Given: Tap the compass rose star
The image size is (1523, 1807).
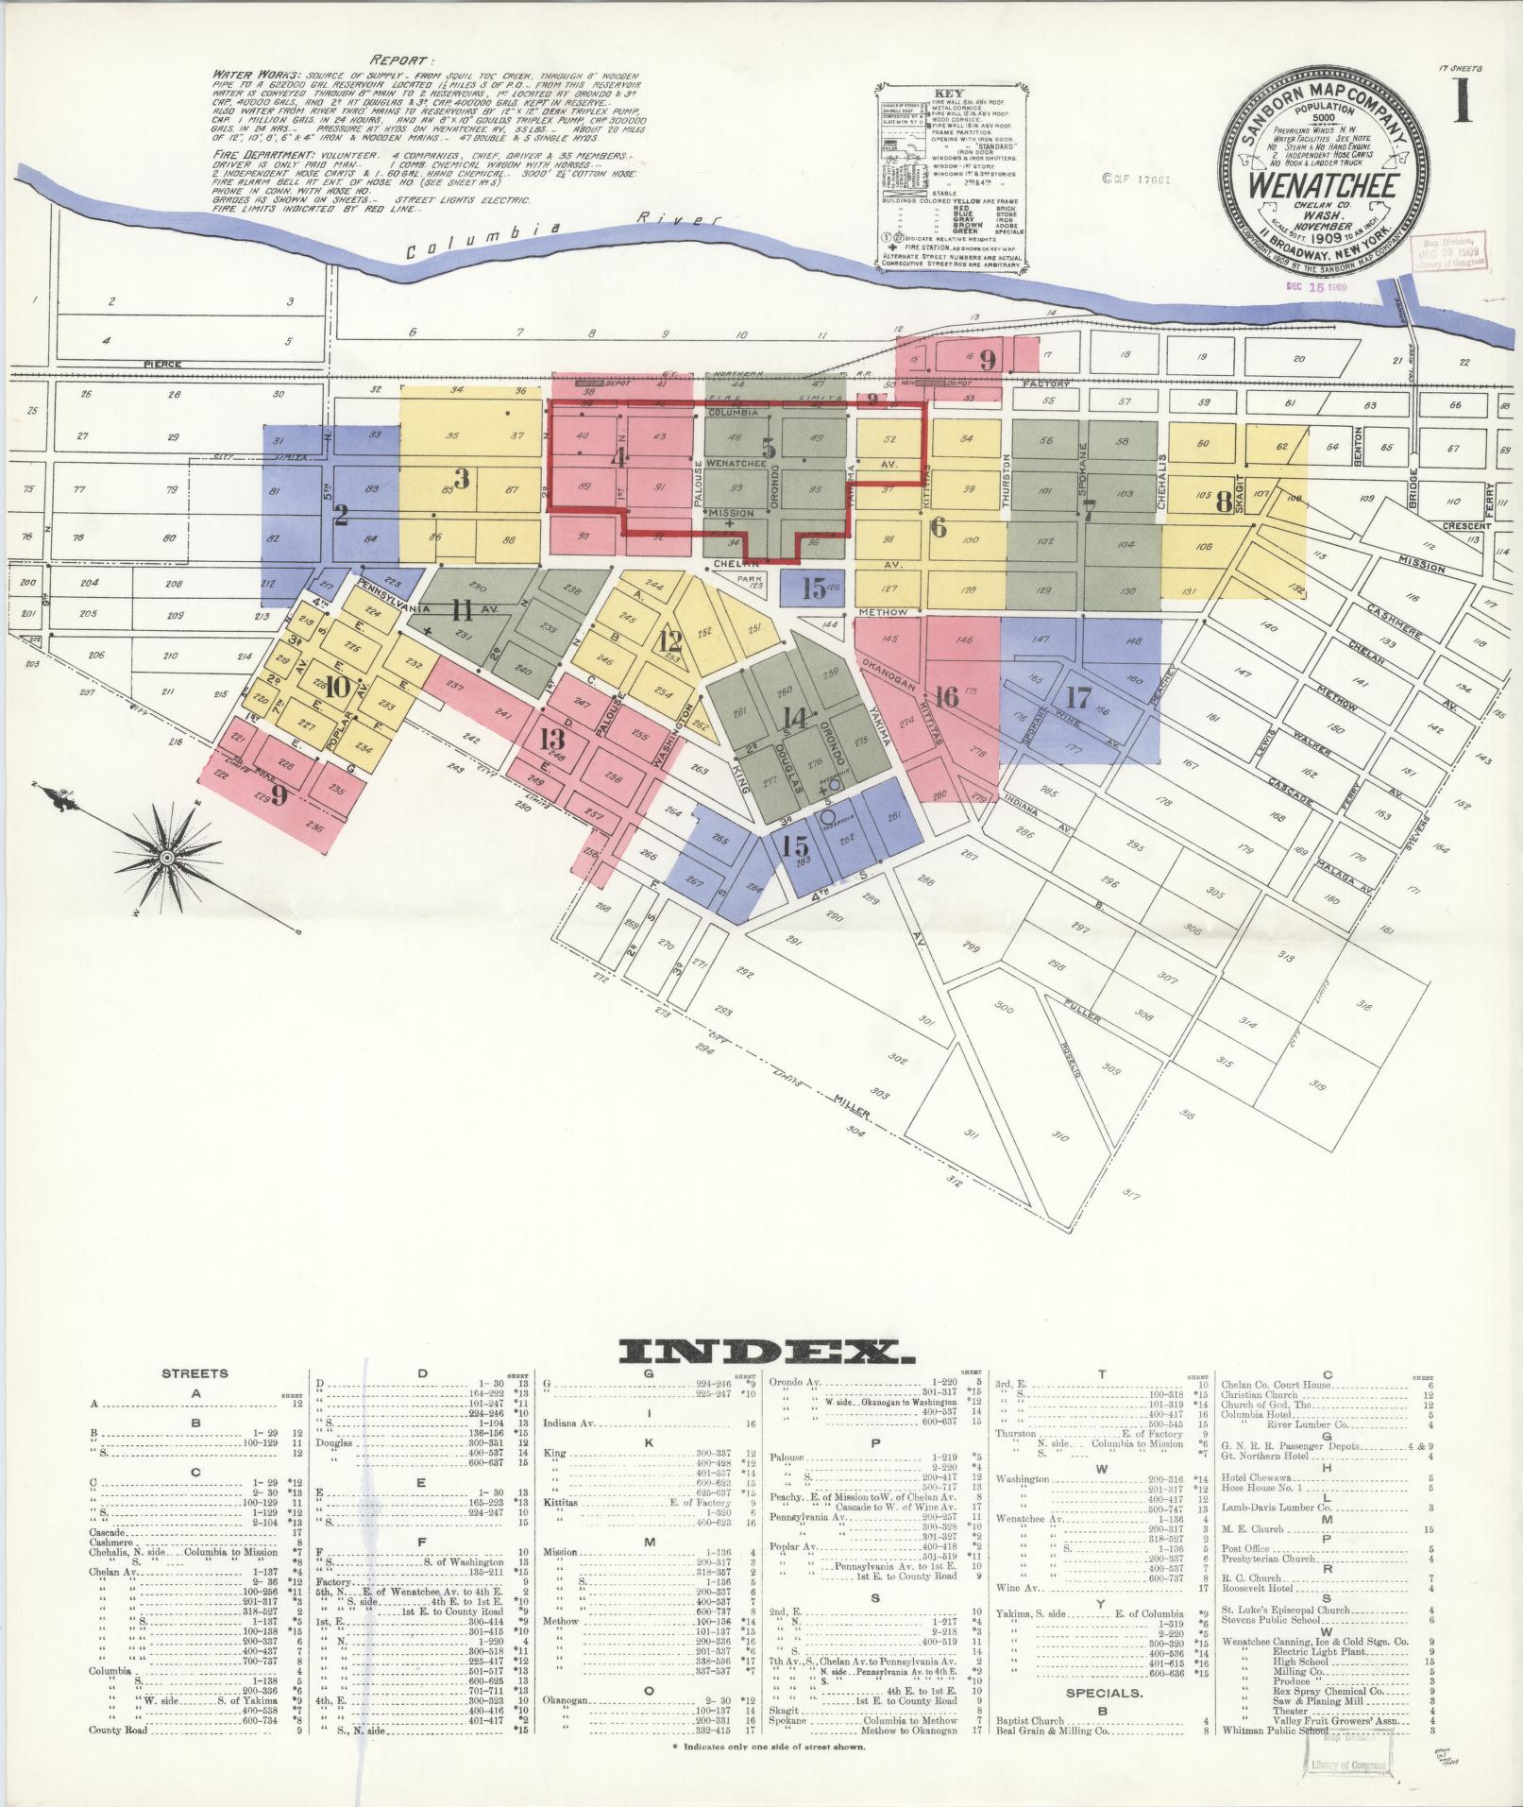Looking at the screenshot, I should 166,856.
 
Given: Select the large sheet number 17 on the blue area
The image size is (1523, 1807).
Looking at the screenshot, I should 1078,698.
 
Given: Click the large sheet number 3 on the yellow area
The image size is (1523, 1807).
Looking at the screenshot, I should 462,479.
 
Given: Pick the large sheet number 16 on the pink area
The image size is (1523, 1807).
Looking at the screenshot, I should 946,696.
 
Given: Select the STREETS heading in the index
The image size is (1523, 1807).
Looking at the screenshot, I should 195,1373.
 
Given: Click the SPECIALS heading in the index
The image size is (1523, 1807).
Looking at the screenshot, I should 1103,1693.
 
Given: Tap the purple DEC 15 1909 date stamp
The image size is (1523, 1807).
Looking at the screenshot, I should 1315,285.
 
